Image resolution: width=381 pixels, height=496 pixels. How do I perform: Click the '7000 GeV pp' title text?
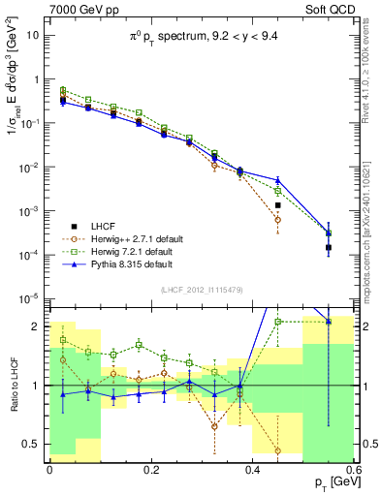point(81,9)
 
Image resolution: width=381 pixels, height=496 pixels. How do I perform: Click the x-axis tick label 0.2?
point(150,470)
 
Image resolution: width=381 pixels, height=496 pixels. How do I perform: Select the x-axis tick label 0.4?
point(252,470)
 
